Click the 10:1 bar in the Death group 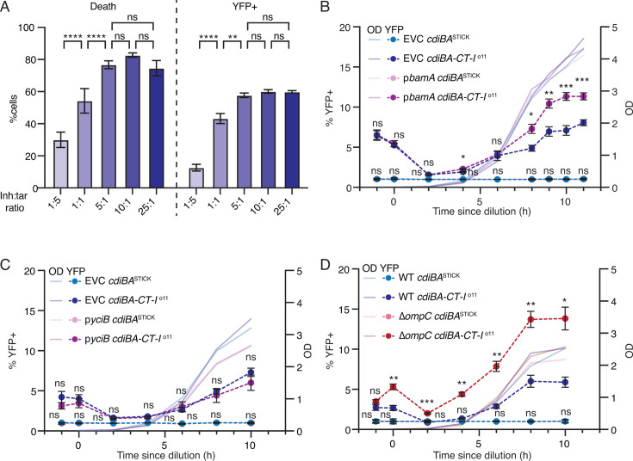tap(133, 122)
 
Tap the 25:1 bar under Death tap(156, 128)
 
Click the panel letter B tap(326, 7)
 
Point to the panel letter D tap(326, 267)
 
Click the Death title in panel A tap(103, 7)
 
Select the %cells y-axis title tap(13, 108)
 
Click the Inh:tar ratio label tap(14, 201)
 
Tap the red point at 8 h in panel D tap(531, 319)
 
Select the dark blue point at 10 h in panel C tap(251, 372)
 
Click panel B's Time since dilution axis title tap(481, 211)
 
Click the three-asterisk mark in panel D tap(426, 402)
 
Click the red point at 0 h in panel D tap(394, 387)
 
